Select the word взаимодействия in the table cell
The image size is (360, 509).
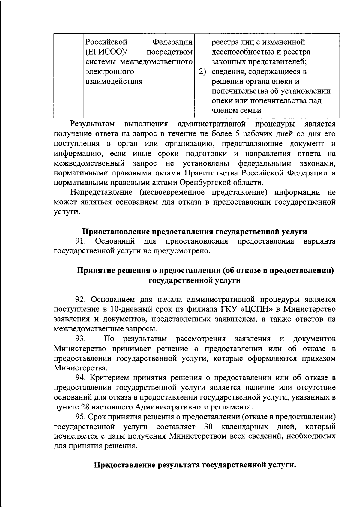pos(114,82)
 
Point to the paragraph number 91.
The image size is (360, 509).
pos(81,241)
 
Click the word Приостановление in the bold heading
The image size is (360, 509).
pos(116,232)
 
